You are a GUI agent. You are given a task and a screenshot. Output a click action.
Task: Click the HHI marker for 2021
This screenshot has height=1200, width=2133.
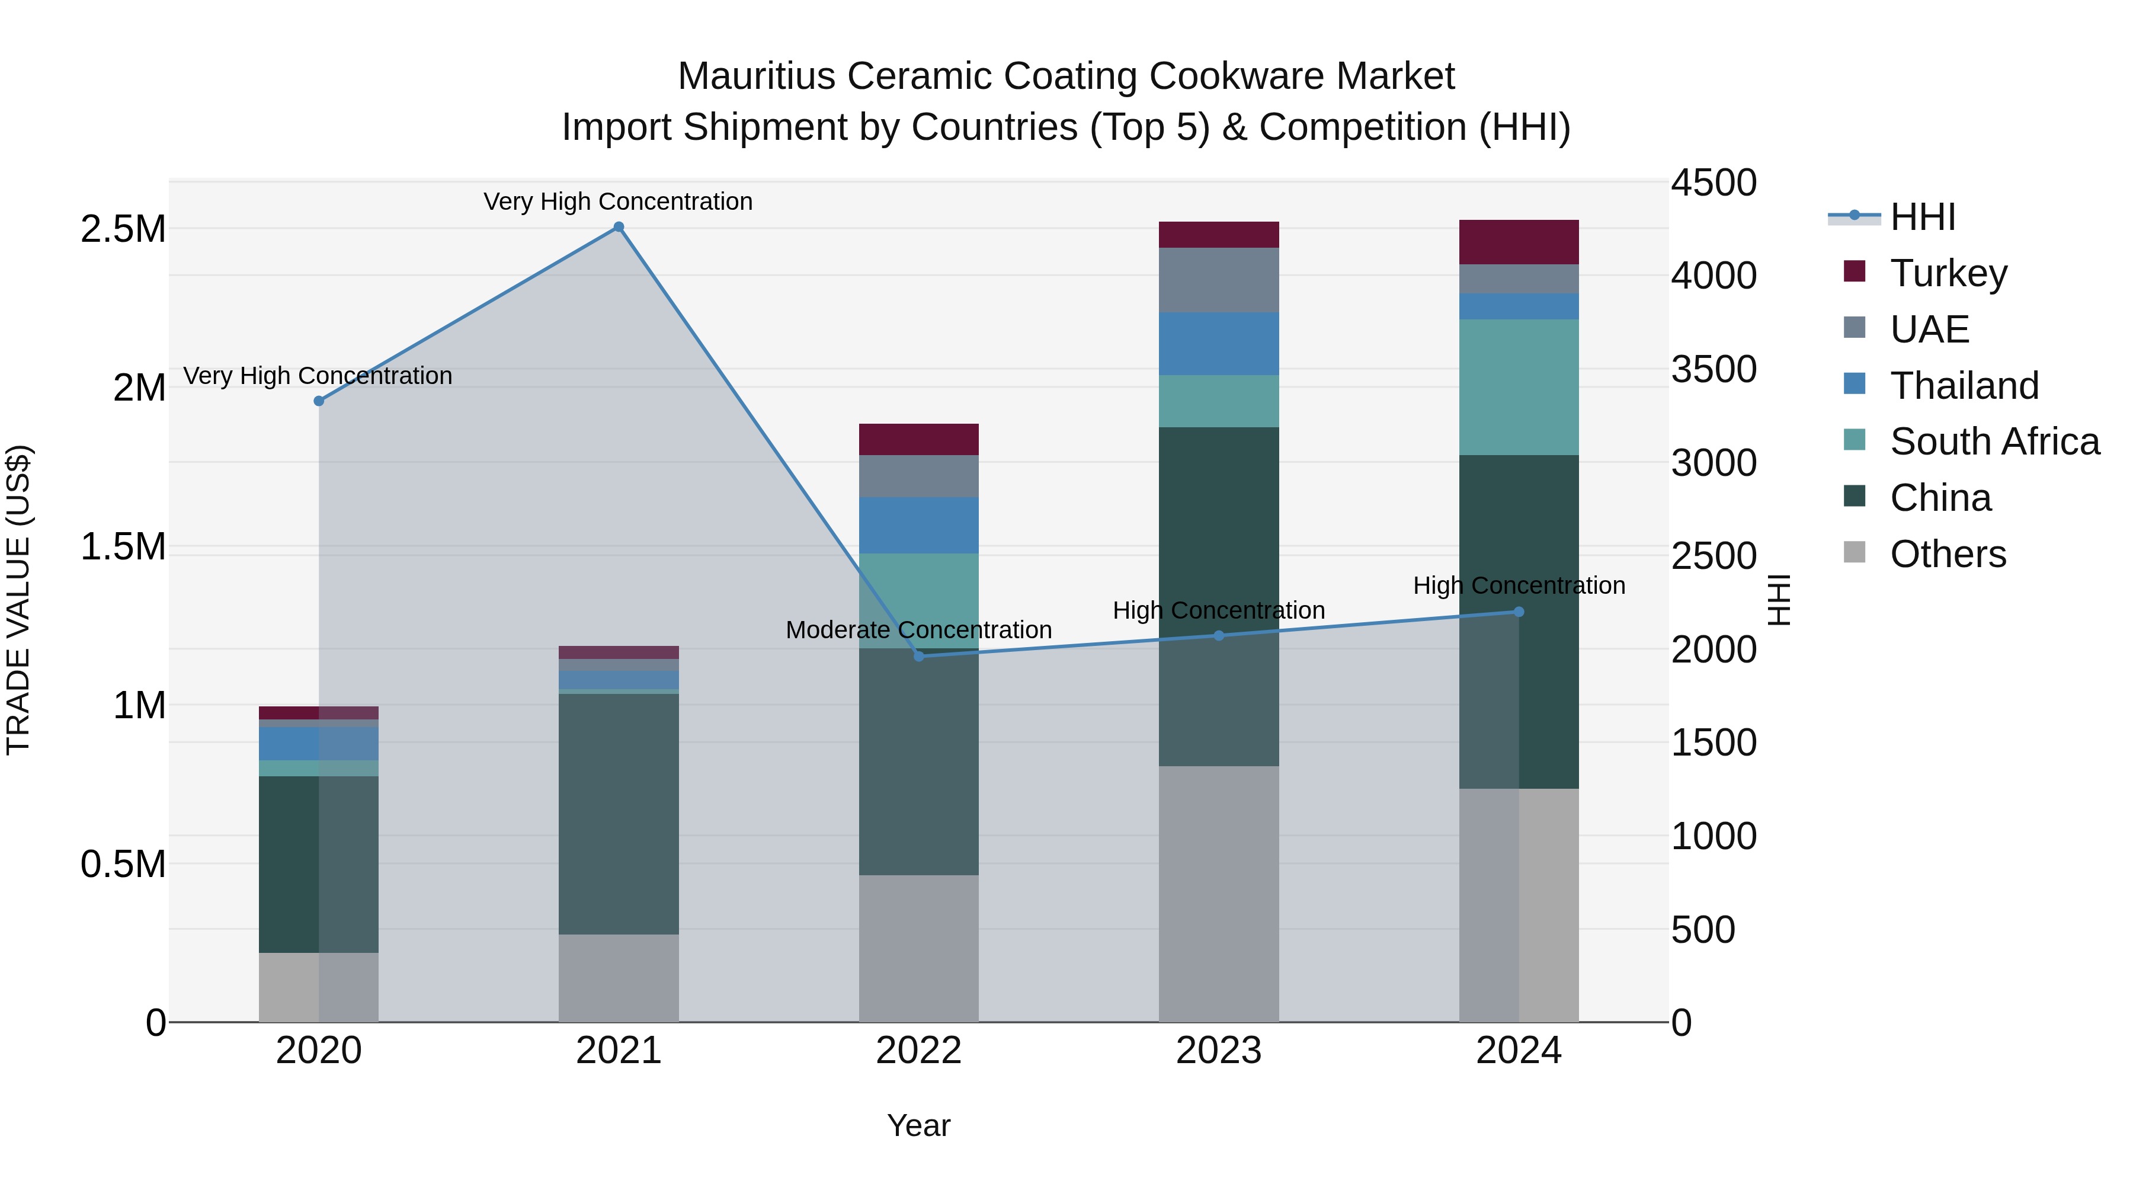tap(619, 227)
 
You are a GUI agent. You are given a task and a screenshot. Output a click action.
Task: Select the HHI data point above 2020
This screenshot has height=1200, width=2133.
tap(319, 401)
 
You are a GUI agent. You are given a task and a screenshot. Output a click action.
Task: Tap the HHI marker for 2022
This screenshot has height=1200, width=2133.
tap(918, 656)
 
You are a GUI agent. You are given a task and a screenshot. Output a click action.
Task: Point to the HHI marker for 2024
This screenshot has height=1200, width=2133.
tap(1519, 612)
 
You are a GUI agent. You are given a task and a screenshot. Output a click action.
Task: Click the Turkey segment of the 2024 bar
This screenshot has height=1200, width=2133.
tap(1519, 242)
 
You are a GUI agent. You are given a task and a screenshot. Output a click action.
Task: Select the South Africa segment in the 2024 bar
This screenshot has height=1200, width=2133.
tap(1519, 387)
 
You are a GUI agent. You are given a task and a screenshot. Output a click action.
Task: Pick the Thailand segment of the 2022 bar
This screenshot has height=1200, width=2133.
tap(918, 525)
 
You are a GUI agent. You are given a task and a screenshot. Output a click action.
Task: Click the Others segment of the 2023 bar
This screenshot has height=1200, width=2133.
tap(1218, 894)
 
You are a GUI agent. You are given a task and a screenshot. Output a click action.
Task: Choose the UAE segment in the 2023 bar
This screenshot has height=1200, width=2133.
tap(1218, 280)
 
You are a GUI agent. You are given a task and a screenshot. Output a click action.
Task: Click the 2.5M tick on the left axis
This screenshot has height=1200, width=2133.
tap(123, 229)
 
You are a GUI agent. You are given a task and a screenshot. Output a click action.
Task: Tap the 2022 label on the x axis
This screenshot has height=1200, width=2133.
tap(918, 1051)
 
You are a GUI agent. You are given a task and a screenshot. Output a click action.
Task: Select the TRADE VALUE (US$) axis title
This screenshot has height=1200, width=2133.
tap(18, 600)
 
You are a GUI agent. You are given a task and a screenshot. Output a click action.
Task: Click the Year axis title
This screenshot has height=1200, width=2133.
tap(918, 1125)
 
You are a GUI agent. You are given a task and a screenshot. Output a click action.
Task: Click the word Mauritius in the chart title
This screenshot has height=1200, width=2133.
tap(756, 76)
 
